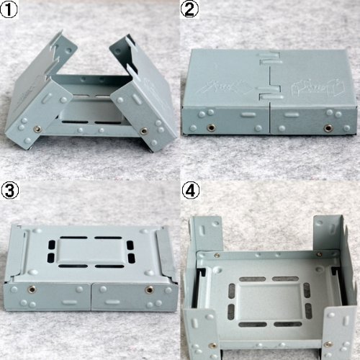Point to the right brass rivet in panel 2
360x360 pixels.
328,127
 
